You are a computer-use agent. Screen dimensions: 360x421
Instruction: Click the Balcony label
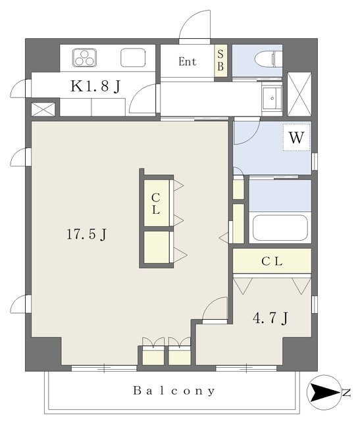click(x=174, y=391)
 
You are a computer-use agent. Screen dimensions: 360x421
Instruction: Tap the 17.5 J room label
click(x=86, y=234)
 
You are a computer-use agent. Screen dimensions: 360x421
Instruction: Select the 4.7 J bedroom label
click(x=270, y=318)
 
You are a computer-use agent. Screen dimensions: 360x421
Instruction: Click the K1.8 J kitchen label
click(x=95, y=86)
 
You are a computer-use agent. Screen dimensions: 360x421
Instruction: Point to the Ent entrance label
click(x=188, y=61)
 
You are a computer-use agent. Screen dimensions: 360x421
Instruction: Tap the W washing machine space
click(x=296, y=137)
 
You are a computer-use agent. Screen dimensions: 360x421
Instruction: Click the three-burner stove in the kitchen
click(x=84, y=57)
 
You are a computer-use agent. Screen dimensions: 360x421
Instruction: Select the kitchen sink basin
click(x=133, y=57)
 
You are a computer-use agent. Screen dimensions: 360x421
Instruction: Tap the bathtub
click(x=280, y=228)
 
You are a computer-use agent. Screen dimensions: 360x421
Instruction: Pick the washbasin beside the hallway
click(x=272, y=99)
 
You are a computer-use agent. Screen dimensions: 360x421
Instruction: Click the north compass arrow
click(x=324, y=392)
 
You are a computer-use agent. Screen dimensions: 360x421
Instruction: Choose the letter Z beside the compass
click(x=347, y=393)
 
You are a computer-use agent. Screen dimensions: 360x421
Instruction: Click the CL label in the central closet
click(x=156, y=204)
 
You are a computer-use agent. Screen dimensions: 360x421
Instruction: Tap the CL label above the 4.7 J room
click(x=272, y=261)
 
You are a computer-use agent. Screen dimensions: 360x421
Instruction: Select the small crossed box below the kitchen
click(x=43, y=109)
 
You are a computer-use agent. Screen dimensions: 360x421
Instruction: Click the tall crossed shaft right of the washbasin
click(x=299, y=94)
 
